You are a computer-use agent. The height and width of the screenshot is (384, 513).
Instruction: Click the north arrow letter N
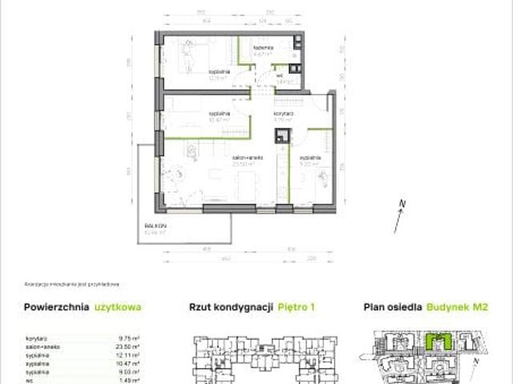pyautogui.click(x=406, y=203)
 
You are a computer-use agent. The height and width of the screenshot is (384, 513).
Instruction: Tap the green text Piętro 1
pyautogui.click(x=297, y=306)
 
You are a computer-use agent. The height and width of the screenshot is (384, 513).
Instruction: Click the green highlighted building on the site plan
pyautogui.click(x=438, y=340)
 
